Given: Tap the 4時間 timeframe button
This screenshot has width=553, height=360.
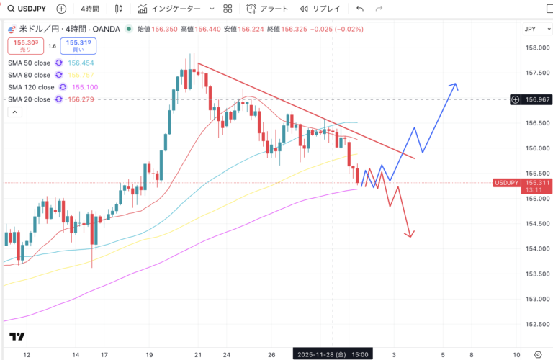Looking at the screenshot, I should [90, 9].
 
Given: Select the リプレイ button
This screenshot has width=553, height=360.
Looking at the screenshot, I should [321, 9].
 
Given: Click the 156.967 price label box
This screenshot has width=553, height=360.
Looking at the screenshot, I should [534, 99].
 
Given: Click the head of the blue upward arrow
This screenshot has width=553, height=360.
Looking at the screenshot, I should [454, 85].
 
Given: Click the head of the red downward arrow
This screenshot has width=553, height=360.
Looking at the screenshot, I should [410, 235].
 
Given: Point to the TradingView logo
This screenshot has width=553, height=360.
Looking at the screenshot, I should [17, 336].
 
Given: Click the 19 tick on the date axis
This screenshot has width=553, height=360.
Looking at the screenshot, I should [148, 354].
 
